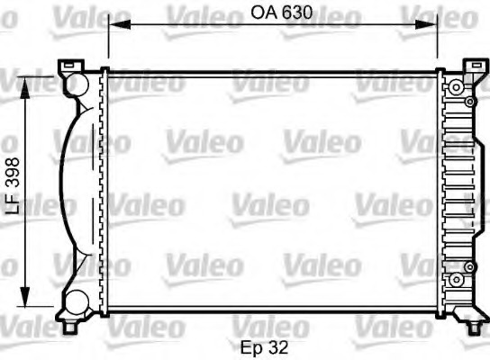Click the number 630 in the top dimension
pos(286,14)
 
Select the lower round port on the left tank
pos(78,300)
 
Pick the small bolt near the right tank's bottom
pos(470,267)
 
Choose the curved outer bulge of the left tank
pos(59,192)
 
